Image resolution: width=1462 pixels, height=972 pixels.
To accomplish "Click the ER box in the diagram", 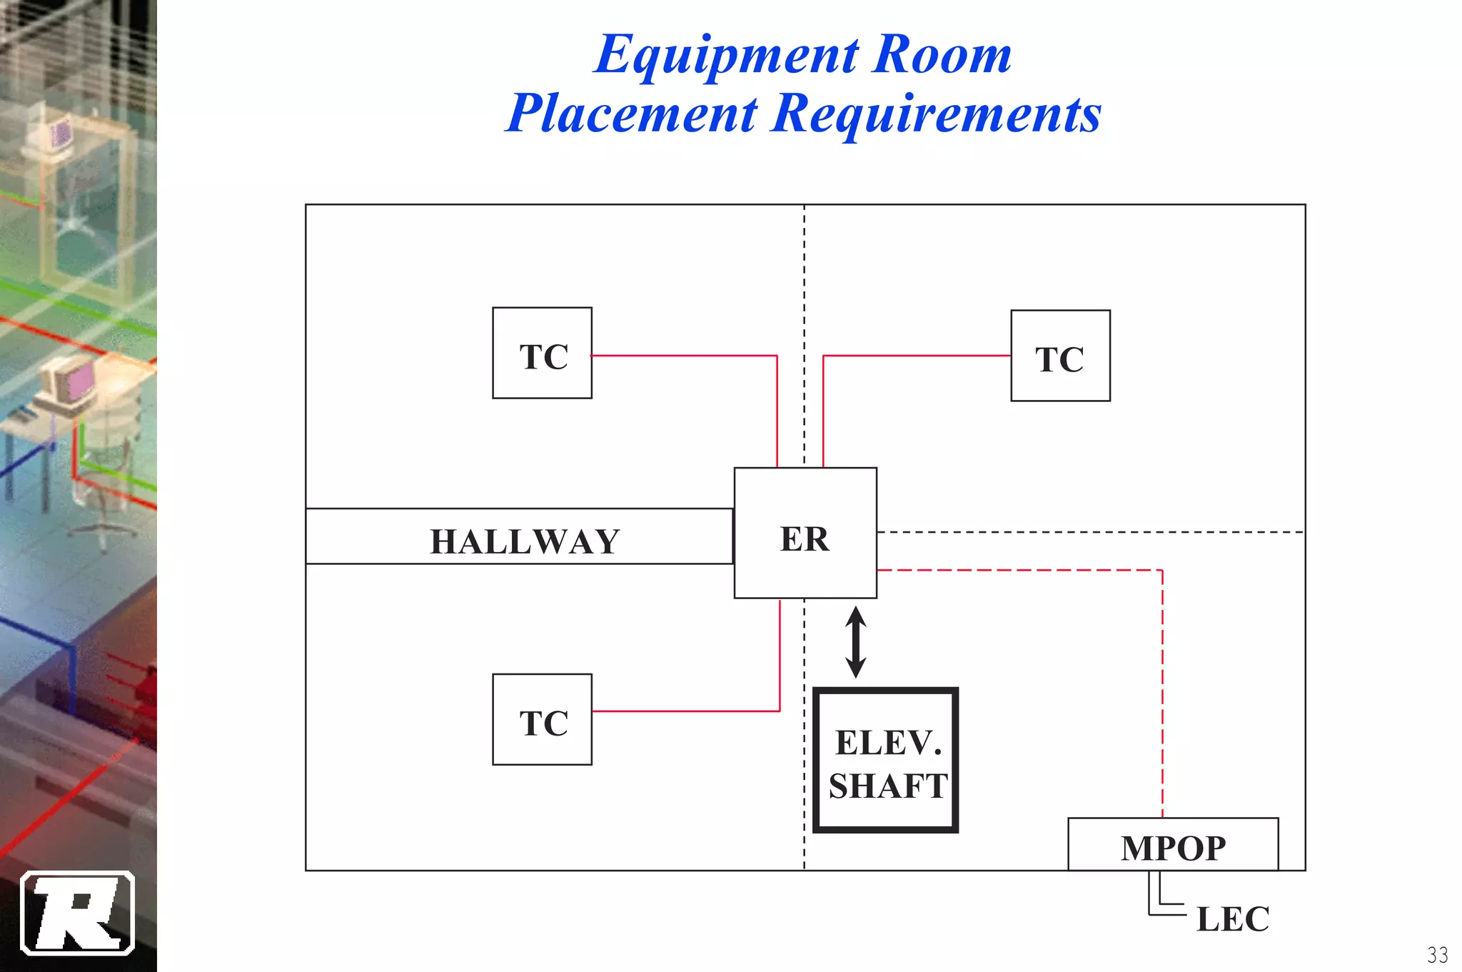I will [805, 533].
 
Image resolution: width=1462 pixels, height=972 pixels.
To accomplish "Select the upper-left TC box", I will [543, 353].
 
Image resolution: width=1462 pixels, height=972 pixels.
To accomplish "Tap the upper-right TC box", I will [1060, 356].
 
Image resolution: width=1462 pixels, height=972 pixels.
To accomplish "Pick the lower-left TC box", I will [543, 719].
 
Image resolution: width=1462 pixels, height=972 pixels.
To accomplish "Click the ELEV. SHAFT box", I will [886, 761].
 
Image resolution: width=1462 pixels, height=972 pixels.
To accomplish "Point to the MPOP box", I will [1173, 846].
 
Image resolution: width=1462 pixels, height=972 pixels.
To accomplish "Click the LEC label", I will [1233, 919].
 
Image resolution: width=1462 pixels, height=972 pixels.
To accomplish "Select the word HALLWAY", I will [525, 541].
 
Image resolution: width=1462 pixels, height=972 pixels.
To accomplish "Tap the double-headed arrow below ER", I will [856, 642].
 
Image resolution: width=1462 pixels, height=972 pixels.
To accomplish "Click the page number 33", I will [1437, 954].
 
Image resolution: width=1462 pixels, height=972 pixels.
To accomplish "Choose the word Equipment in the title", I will [727, 56].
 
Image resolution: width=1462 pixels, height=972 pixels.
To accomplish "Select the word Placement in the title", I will [632, 114].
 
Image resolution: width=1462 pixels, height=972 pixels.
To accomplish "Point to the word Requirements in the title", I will [937, 114].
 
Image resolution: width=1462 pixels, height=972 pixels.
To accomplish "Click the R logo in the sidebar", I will [78, 913].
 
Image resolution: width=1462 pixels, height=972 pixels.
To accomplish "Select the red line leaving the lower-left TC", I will [685, 711].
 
